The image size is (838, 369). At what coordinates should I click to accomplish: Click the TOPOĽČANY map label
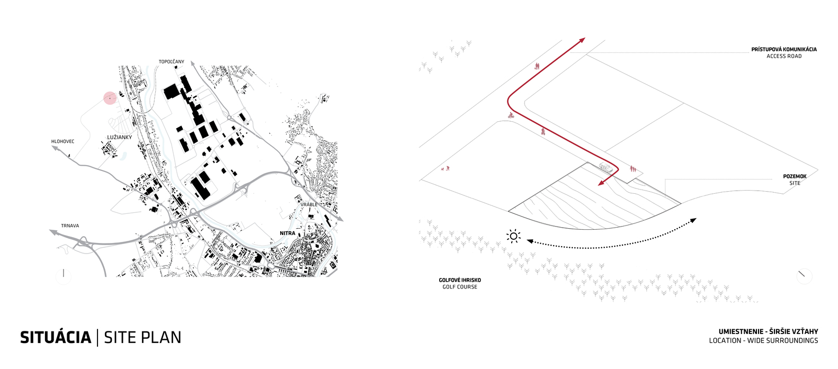(171, 62)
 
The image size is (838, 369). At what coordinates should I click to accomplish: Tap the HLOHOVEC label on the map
(63, 141)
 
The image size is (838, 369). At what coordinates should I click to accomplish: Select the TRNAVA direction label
(70, 226)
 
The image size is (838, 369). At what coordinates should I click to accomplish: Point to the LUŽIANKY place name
(120, 137)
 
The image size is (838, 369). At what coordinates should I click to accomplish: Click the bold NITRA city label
(288, 233)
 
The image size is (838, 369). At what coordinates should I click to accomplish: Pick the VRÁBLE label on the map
(309, 204)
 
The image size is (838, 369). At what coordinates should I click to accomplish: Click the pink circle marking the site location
(110, 98)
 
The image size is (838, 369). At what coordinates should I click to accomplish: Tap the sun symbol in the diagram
(513, 236)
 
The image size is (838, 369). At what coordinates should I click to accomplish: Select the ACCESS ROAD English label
(784, 56)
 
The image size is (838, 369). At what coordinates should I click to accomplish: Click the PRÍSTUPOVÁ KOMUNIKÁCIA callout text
(784, 49)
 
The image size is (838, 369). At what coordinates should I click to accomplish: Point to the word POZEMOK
(795, 176)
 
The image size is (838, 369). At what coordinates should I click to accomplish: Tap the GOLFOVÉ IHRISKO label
(460, 280)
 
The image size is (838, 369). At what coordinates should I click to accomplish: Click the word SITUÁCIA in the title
(56, 337)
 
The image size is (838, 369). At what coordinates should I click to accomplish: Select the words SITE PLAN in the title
(142, 337)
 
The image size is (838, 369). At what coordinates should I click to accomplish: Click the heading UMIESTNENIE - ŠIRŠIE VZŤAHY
(769, 331)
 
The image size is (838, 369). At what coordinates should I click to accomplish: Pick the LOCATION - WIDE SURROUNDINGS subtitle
(763, 340)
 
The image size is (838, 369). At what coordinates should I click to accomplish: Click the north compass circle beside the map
(64, 276)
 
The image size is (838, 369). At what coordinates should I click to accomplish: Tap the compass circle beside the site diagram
(804, 276)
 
